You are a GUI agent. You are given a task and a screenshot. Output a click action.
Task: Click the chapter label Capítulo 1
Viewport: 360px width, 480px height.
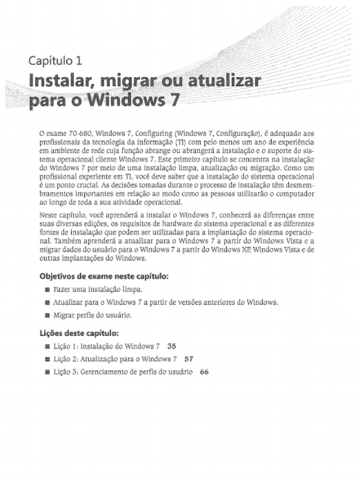click(x=55, y=60)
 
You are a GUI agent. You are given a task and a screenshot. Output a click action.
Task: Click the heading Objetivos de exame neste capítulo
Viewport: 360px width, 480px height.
click(x=104, y=276)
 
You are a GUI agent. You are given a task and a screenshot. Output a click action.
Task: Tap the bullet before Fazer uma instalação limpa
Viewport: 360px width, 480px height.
click(x=47, y=290)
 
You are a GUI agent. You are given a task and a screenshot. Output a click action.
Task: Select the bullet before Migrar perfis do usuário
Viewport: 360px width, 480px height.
click(x=47, y=316)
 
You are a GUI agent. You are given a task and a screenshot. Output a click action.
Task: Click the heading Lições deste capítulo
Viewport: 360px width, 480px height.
click(x=78, y=334)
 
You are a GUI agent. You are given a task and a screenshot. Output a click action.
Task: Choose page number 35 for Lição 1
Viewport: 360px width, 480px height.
click(x=172, y=347)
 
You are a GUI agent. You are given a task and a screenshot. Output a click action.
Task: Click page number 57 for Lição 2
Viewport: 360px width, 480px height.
click(x=189, y=360)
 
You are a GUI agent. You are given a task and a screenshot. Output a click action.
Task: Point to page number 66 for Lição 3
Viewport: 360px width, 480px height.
click(x=204, y=372)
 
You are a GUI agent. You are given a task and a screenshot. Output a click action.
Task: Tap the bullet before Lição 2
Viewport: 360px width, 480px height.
click(x=47, y=360)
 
